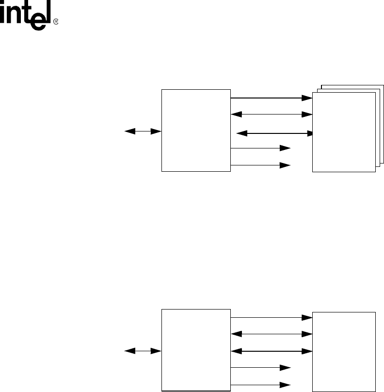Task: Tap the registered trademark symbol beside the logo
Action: coord(56,22)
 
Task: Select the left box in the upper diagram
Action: coord(196,130)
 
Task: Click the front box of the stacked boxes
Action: coord(344,131)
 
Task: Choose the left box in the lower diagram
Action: coord(196,349)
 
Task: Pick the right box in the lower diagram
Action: coord(344,350)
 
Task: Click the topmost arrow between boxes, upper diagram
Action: coord(271,98)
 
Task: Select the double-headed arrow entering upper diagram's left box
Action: coord(143,131)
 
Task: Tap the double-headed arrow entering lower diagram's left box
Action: coord(143,350)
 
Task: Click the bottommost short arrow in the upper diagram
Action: coord(260,165)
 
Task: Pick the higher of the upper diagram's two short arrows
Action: coord(260,147)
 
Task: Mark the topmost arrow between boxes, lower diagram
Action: coord(271,318)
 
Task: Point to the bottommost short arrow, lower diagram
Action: coord(260,385)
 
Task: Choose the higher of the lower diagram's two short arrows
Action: coord(260,367)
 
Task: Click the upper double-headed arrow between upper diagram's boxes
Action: coord(271,114)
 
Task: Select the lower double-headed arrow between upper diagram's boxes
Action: coord(274,132)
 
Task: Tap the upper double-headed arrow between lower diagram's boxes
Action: coord(271,334)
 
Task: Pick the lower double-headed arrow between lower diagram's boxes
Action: coord(271,350)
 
